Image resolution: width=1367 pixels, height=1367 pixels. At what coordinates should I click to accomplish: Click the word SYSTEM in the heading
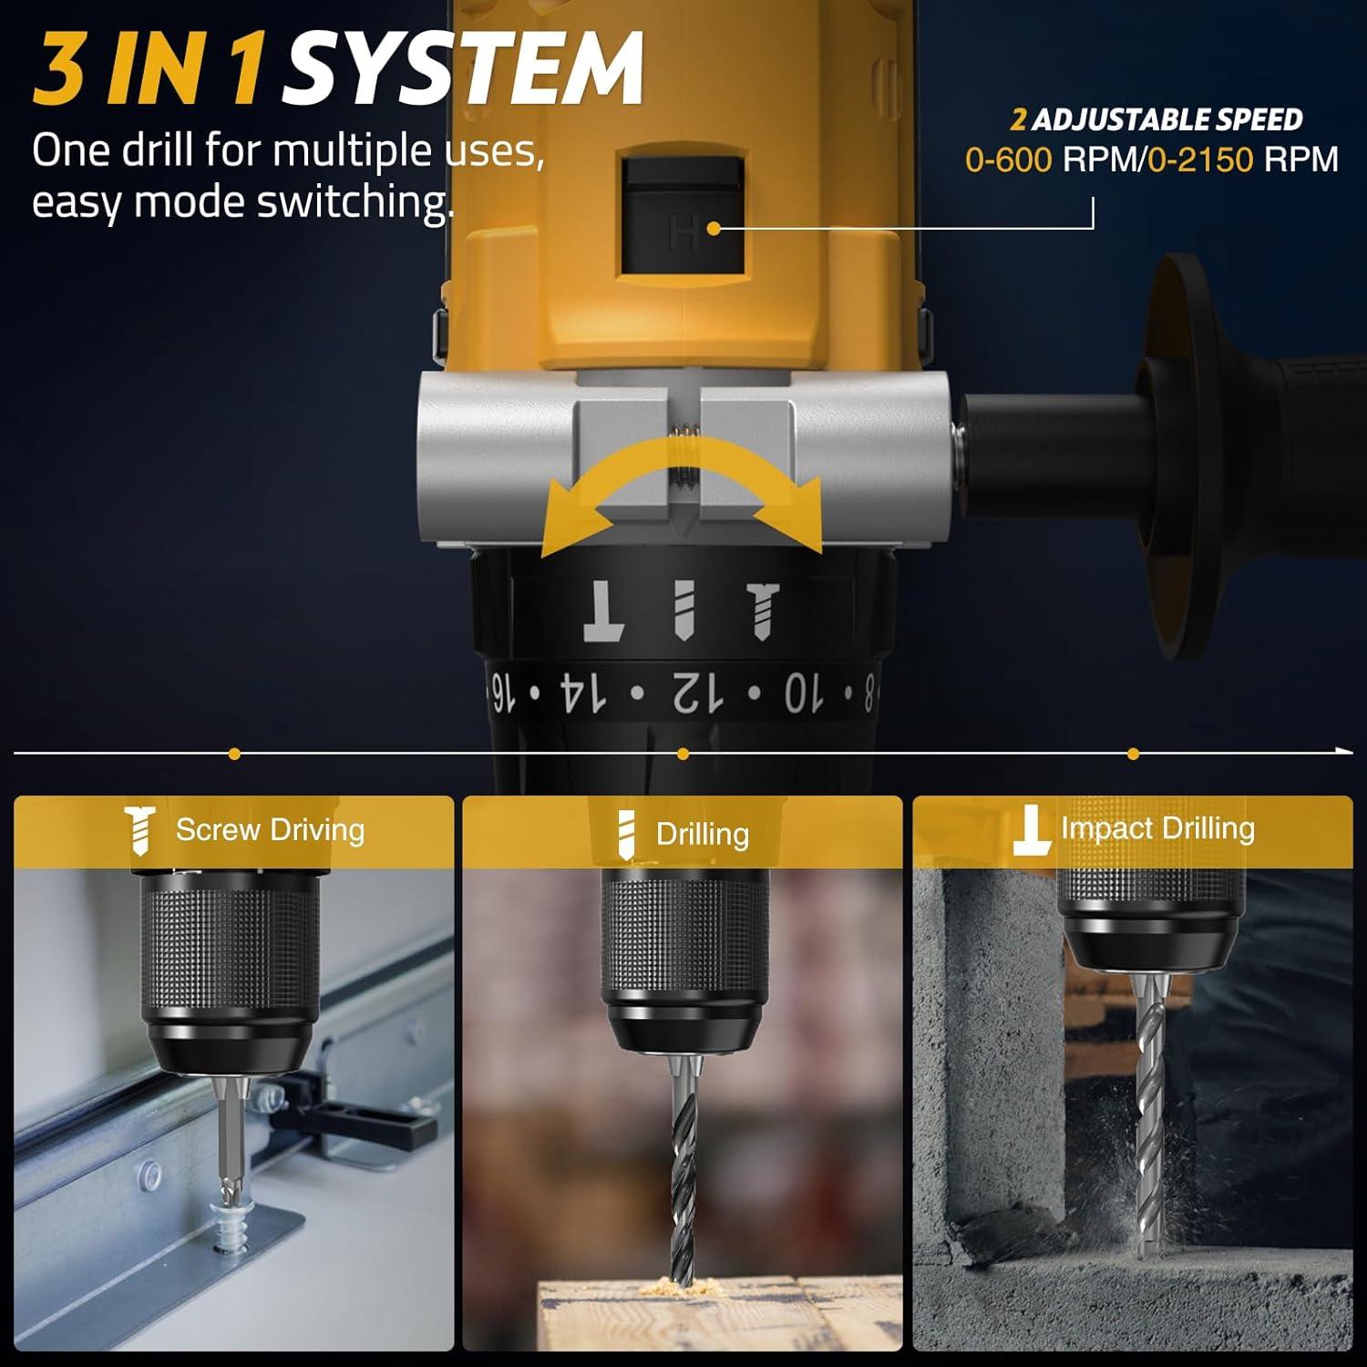(462, 69)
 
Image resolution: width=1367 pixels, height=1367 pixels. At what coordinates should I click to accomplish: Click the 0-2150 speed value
(1200, 160)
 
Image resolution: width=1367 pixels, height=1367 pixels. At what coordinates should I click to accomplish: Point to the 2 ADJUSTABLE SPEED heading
(1156, 119)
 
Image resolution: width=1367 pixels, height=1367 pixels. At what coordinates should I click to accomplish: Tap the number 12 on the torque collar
(698, 693)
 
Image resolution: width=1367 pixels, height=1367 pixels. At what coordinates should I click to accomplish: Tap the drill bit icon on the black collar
(683, 610)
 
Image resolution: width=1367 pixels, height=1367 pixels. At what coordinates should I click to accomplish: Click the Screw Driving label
(270, 830)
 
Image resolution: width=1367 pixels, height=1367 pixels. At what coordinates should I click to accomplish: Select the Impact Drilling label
(1157, 828)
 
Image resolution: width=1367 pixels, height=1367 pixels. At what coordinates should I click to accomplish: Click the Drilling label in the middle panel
(702, 834)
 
